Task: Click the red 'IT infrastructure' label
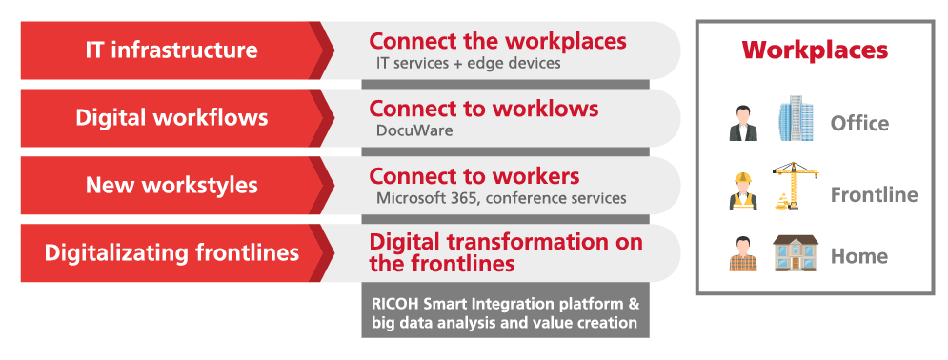coord(171,50)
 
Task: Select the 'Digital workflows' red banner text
coord(171,118)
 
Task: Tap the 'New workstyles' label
coord(171,186)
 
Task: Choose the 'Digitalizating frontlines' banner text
coord(171,253)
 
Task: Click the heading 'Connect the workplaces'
coord(497,41)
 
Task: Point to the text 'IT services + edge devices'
coord(469,63)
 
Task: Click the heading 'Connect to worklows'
coord(484,109)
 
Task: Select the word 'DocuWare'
coord(414,130)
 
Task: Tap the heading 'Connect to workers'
coord(474,176)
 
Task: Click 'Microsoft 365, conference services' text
coord(501,198)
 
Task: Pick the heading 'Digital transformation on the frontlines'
coord(505,252)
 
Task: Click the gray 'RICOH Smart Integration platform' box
coord(505,310)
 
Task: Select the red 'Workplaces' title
coord(815,50)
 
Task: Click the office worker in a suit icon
coord(743,124)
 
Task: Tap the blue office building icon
coord(796,118)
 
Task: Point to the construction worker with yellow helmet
coord(743,190)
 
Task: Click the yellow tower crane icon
coord(795,186)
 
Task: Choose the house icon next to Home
coord(795,252)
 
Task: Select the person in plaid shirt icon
coord(743,254)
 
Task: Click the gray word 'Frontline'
coord(875,194)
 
